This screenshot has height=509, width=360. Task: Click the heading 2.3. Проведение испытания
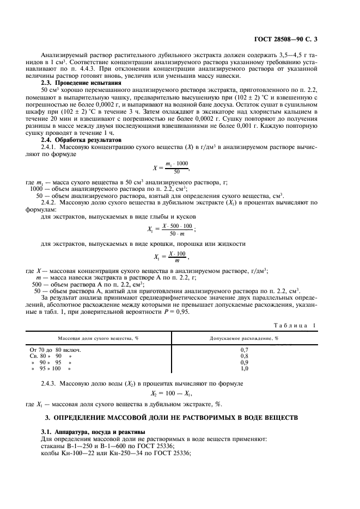(x=81, y=83)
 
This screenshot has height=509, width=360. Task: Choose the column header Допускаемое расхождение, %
(x=244, y=338)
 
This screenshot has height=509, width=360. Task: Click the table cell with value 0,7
(x=244, y=349)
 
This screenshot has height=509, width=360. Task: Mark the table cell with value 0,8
(x=244, y=356)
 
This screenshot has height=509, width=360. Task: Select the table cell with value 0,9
(x=244, y=362)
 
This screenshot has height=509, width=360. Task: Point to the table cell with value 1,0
(x=244, y=369)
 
